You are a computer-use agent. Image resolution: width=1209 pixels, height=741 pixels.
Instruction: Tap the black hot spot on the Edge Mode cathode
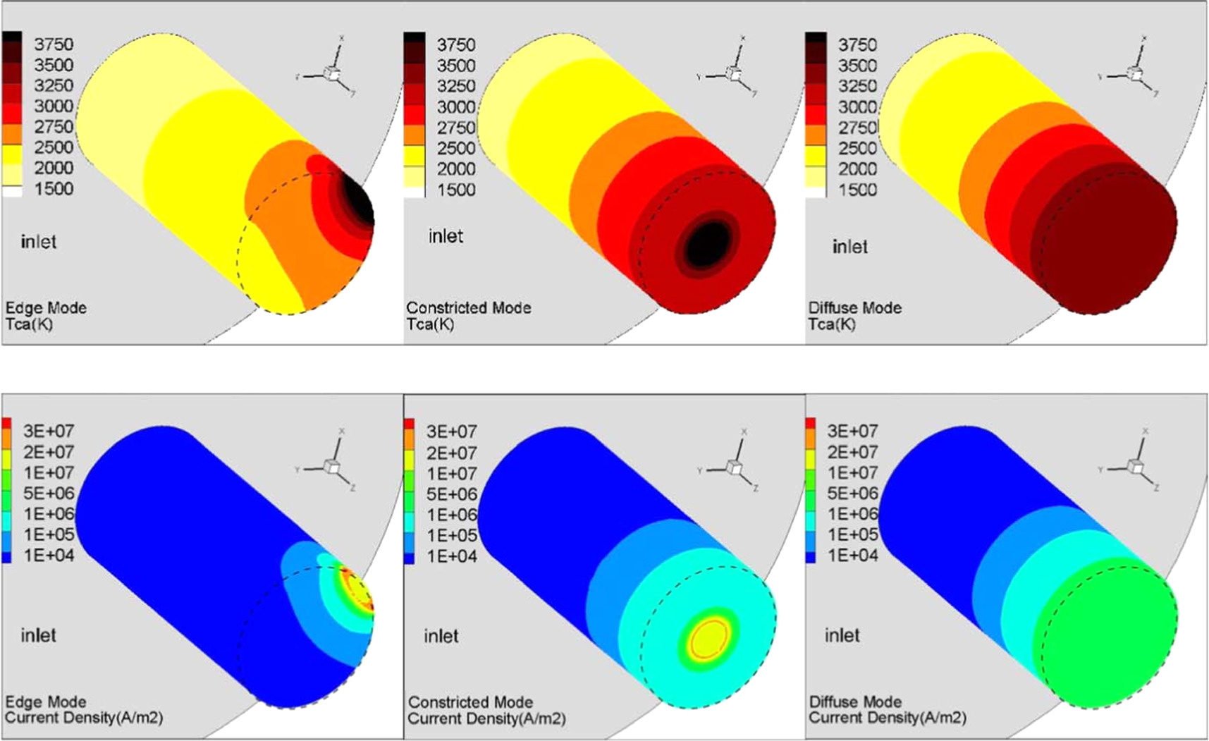pos(359,200)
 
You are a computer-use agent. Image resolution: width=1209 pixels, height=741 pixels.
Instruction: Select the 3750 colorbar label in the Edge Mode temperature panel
pos(54,44)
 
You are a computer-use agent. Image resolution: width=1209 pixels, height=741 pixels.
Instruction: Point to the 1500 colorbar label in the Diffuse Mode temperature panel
pos(857,190)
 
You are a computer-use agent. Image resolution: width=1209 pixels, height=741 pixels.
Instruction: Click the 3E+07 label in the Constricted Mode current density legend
pos(451,431)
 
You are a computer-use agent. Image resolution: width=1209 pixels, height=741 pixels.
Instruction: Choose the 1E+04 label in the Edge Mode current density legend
pos(49,556)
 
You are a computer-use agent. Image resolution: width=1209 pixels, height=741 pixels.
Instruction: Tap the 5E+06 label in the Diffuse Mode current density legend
pos(852,494)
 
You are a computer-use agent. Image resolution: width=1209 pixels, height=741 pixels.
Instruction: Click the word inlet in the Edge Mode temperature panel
pos(38,242)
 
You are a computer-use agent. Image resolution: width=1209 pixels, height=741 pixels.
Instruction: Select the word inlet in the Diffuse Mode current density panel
pos(842,636)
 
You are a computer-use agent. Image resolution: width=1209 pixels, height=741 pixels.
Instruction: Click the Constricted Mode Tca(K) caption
pos(468,316)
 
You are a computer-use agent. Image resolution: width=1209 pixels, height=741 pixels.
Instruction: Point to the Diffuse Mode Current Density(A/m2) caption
pos(887,710)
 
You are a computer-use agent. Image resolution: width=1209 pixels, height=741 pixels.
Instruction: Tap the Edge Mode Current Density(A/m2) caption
pos(83,710)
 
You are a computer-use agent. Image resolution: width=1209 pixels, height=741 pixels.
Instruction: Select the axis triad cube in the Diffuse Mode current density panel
pos(1136,467)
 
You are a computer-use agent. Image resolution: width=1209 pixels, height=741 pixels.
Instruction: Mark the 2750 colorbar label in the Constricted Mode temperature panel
pos(455,128)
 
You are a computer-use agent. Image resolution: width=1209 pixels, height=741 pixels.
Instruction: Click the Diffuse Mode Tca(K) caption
pos(854,316)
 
